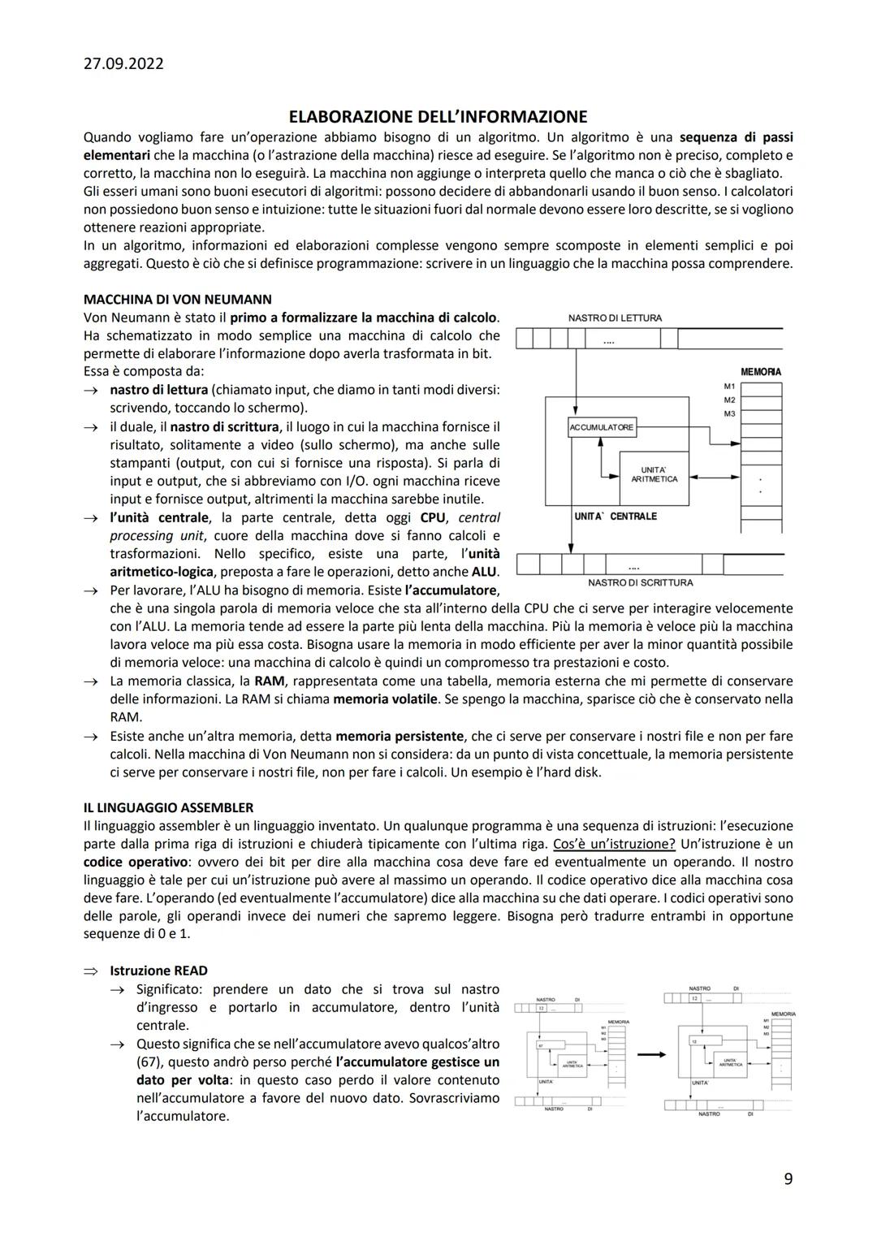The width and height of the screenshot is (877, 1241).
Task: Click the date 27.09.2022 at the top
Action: [123, 63]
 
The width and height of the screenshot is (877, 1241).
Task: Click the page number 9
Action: [788, 1179]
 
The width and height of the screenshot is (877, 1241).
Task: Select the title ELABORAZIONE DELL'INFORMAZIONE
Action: [438, 117]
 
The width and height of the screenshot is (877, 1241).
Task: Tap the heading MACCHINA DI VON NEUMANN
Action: [177, 299]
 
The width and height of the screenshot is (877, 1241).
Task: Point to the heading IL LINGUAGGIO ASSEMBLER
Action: [168, 807]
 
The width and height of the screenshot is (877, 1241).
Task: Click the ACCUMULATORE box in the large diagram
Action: [602, 427]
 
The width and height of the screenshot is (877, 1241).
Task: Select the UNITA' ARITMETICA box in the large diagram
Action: [654, 475]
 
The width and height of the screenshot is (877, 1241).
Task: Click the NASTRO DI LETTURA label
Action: [615, 318]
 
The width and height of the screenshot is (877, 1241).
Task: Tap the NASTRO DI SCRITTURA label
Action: [640, 582]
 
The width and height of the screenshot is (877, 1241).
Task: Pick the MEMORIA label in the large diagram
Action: [760, 371]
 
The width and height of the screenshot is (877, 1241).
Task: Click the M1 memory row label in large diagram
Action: [728, 386]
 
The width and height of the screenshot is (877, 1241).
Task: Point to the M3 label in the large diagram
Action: [728, 414]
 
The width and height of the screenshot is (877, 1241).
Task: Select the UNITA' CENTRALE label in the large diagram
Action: [615, 517]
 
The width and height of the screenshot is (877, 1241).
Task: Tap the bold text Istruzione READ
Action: [158, 971]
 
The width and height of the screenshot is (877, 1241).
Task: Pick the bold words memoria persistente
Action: [399, 736]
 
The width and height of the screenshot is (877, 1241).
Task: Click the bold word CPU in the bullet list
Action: [433, 517]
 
